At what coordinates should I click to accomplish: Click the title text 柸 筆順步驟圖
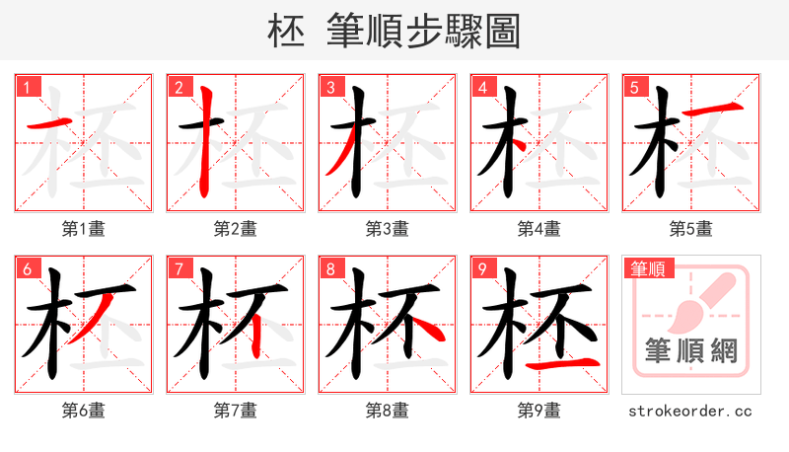click(x=394, y=30)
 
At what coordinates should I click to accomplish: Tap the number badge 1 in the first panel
click(x=27, y=87)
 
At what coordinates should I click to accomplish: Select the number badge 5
click(x=634, y=87)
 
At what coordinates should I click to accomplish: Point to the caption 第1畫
click(x=83, y=229)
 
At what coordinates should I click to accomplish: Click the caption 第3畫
click(x=387, y=229)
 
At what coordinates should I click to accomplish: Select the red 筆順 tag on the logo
click(x=647, y=268)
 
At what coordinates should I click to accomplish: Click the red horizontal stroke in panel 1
click(x=44, y=123)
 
